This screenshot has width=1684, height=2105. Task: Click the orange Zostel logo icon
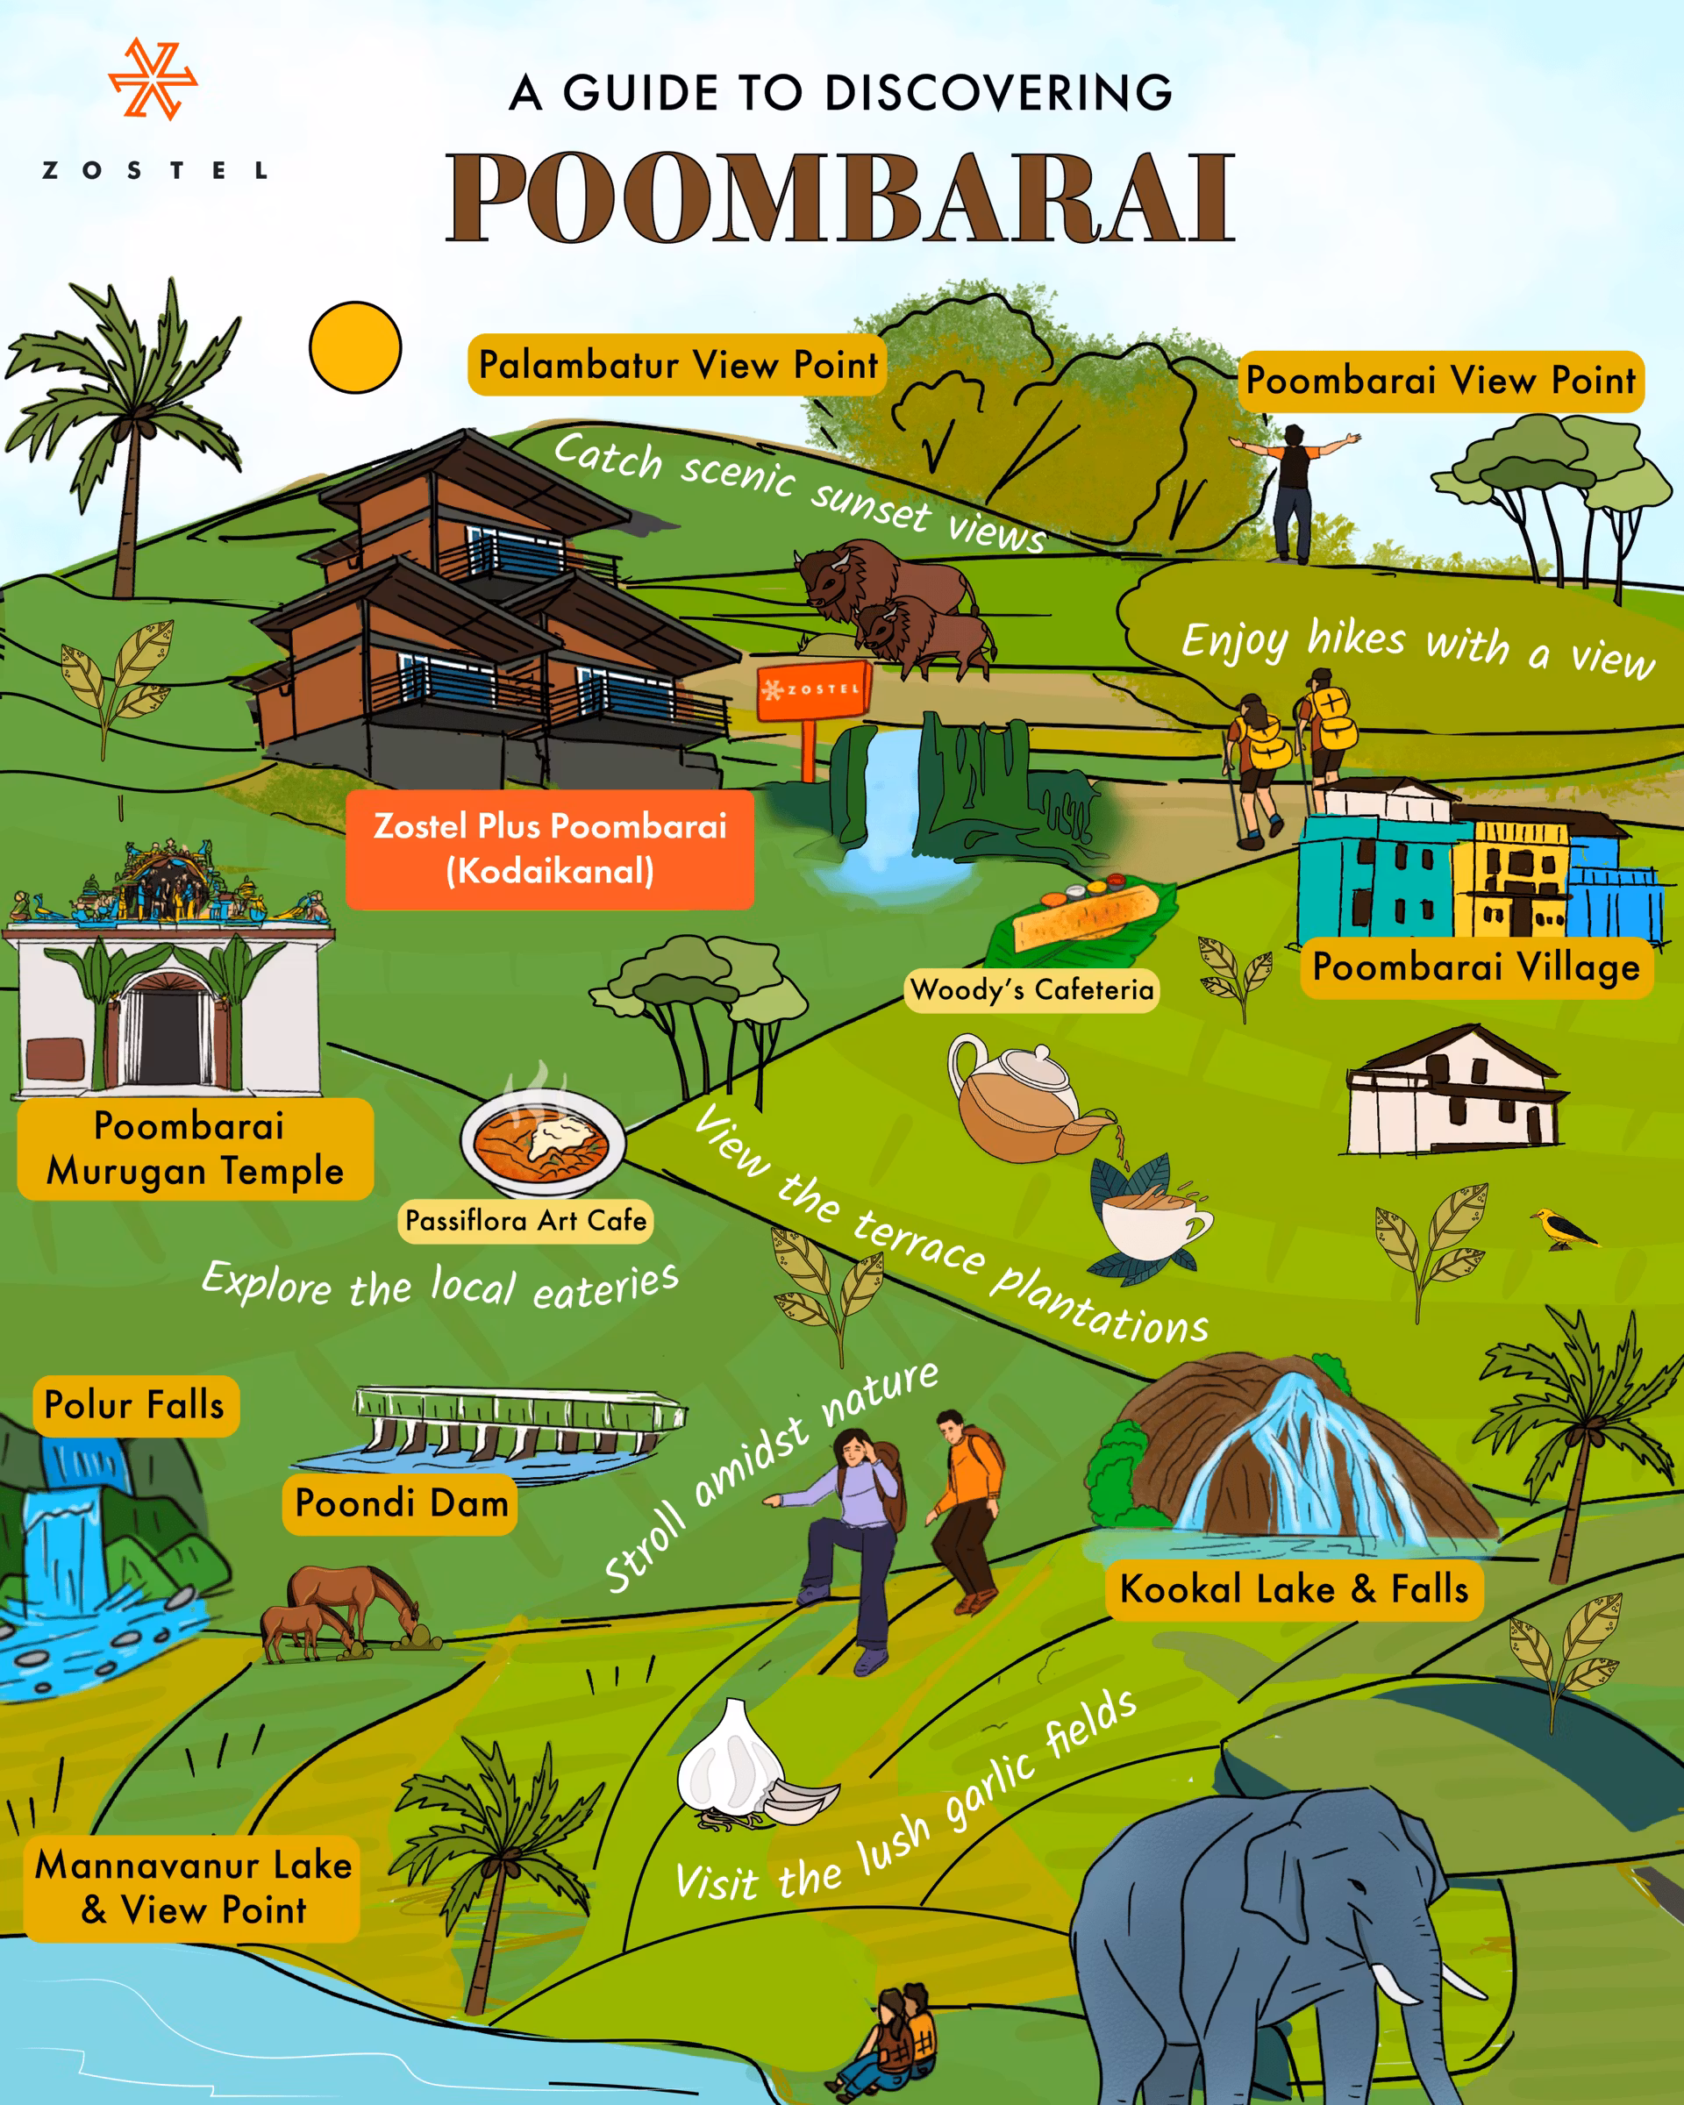153,79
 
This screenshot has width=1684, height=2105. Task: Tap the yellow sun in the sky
355,347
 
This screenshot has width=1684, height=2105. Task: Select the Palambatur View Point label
676,365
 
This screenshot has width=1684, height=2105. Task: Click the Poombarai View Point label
1441,381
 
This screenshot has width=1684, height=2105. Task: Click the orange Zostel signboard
813,690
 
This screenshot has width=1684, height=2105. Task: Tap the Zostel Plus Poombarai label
550,848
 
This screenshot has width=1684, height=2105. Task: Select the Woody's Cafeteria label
1031,990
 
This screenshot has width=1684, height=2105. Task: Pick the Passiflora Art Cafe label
525,1220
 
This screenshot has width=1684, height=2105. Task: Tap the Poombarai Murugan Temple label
194,1148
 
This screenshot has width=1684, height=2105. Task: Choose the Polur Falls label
135,1406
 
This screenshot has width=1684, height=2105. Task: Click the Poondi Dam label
401,1503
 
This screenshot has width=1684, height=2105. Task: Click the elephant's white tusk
1398,1981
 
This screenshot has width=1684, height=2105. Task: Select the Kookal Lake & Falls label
1294,1589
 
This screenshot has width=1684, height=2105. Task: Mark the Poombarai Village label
1476,967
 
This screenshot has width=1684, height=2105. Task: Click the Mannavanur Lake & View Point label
192,1887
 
